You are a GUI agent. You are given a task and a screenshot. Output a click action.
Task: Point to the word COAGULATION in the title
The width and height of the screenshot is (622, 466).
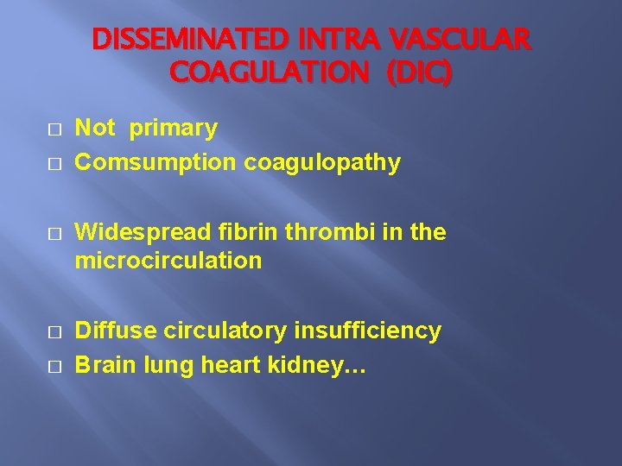pos(269,73)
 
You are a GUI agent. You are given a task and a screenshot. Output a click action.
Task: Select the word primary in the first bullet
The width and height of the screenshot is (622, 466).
pos(174,129)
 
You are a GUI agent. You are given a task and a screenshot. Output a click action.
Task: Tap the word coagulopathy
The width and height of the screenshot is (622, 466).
pos(322,163)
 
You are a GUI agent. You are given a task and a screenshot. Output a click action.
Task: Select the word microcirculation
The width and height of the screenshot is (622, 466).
pos(168,261)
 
